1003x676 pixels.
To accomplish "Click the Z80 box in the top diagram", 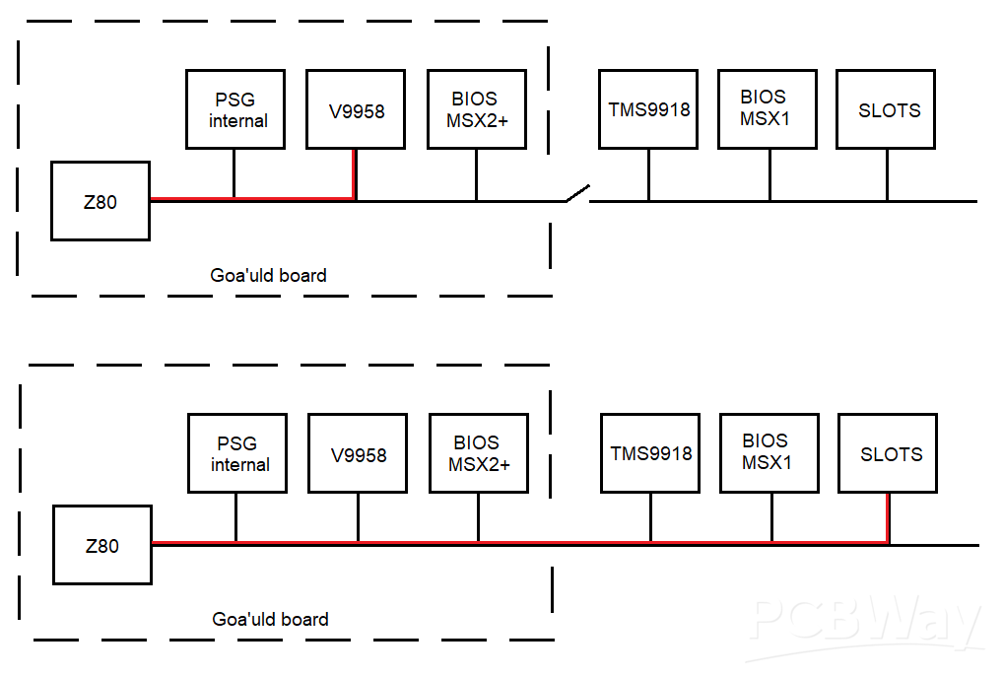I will click(x=100, y=201).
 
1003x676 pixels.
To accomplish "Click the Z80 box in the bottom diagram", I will click(x=102, y=545).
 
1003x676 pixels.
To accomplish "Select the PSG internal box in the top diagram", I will click(x=235, y=109).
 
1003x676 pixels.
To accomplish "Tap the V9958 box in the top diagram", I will click(x=356, y=109).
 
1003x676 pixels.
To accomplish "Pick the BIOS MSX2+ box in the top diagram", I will click(x=476, y=109).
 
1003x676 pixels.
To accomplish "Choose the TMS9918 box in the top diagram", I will click(x=648, y=109).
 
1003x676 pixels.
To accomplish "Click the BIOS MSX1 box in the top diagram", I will click(x=768, y=109).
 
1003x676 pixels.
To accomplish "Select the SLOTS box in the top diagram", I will click(x=887, y=109).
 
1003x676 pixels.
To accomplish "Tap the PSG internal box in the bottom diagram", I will click(x=237, y=453).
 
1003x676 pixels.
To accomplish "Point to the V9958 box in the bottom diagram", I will click(x=358, y=453).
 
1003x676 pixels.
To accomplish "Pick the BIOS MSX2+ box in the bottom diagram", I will click(x=479, y=453).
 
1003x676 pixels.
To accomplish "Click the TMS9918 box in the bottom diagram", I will click(x=650, y=453).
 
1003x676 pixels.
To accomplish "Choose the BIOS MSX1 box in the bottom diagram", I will click(x=769, y=453).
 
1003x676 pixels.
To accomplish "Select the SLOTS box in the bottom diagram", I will click(x=889, y=453).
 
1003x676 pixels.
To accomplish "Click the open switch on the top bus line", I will click(x=576, y=194).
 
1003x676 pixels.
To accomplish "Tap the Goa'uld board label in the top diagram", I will click(x=268, y=275).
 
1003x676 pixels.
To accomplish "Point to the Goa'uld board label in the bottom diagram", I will click(x=270, y=619).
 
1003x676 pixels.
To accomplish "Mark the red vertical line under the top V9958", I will click(x=355, y=174).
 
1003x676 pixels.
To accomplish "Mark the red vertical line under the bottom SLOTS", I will click(x=889, y=517).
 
